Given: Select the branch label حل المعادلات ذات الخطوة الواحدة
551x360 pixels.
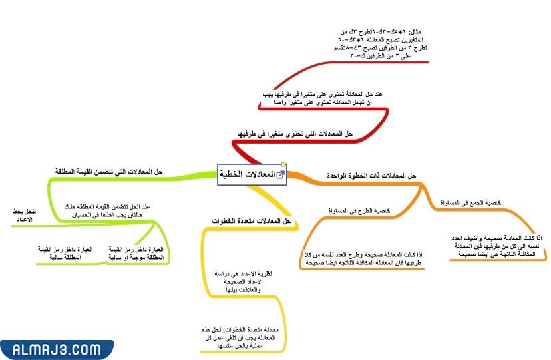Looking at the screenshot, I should coord(371,175).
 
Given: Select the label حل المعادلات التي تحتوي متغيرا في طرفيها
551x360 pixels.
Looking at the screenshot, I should coord(295,134).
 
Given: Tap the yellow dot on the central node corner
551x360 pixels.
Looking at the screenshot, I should coord(284,166).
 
